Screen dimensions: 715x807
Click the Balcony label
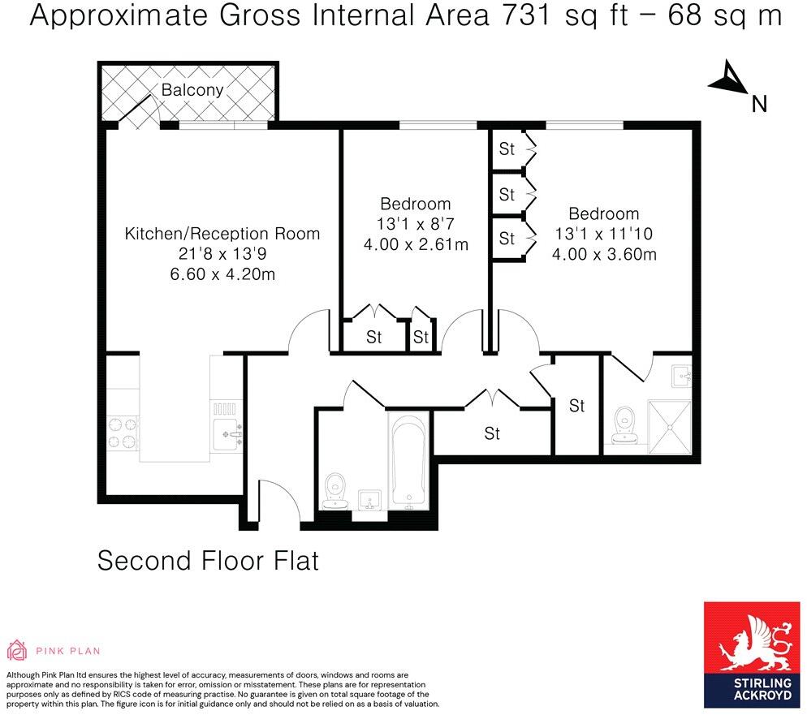pos(192,90)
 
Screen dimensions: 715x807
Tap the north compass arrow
pos(729,80)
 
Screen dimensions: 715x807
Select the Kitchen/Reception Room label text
pos(222,234)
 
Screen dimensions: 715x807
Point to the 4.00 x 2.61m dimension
pos(416,244)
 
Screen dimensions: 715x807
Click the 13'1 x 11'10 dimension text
pos(603,235)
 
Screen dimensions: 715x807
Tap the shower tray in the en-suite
pos(669,421)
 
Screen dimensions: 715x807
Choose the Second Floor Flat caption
pos(208,561)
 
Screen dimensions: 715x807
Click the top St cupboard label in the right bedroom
pos(507,149)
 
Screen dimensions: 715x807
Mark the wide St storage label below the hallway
pos(492,433)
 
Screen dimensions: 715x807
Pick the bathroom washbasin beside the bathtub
pos(369,497)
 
